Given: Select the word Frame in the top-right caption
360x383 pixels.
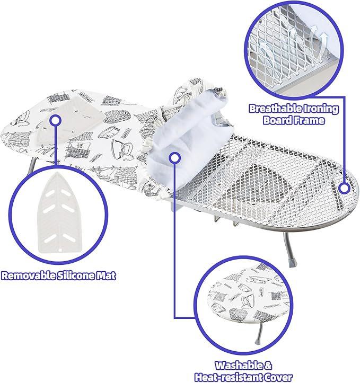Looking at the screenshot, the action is coord(310,120).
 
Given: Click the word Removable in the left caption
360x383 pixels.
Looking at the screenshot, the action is coord(29,275).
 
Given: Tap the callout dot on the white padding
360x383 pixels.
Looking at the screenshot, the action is coord(174,158).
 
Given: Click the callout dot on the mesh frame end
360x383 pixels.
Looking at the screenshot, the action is coord(345,189).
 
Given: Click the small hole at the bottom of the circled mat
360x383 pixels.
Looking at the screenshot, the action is coord(60,250).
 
